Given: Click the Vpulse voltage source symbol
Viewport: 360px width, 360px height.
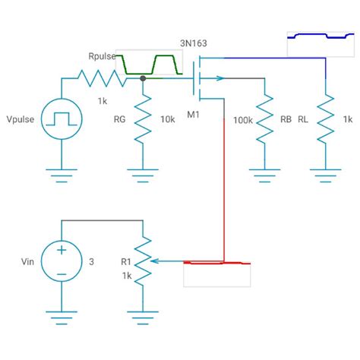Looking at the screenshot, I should [60, 120].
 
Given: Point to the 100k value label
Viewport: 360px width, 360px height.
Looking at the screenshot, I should [243, 120].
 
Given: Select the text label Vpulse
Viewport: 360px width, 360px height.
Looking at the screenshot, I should [21, 120].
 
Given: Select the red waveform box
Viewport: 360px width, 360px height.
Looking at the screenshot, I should [217, 273].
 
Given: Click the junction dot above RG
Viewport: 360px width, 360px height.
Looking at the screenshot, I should [143, 77].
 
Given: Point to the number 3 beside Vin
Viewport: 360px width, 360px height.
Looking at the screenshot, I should [91, 262].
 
